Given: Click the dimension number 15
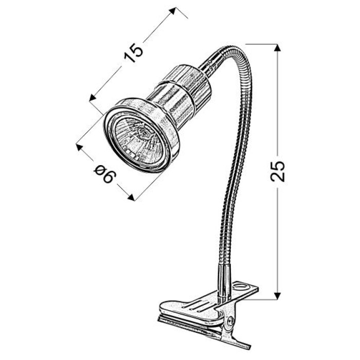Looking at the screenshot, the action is click(x=134, y=53).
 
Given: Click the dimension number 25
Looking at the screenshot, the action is click(x=278, y=171).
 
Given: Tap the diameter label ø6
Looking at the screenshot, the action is click(x=105, y=174).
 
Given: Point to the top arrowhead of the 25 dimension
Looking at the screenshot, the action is click(x=278, y=47).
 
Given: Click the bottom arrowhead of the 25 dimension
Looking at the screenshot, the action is click(x=278, y=296).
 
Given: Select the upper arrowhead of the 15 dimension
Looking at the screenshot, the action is click(x=172, y=11).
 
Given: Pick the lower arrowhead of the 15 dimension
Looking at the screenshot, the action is click(x=92, y=98).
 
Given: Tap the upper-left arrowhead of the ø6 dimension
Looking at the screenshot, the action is click(x=79, y=148).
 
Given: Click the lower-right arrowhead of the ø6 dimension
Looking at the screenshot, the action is click(x=131, y=197).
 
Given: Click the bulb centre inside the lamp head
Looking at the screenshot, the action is click(x=144, y=133).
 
